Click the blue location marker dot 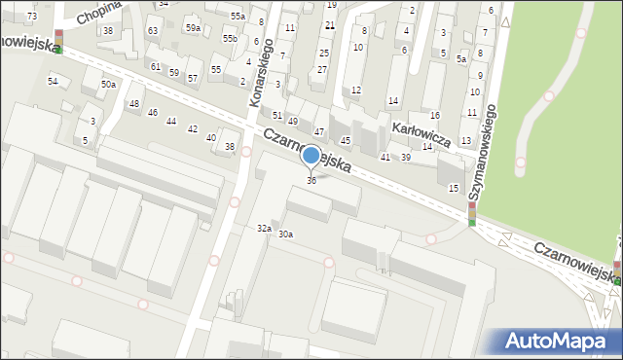311,155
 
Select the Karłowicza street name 420,133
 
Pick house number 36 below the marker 311,180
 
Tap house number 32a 263,228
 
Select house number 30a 285,234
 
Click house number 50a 108,85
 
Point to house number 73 32,17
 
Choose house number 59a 193,28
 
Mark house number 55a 238,17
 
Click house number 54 53,81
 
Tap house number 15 453,187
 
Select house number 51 277,115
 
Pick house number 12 356,90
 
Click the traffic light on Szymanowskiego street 472,214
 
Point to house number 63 153,30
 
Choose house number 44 171,121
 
